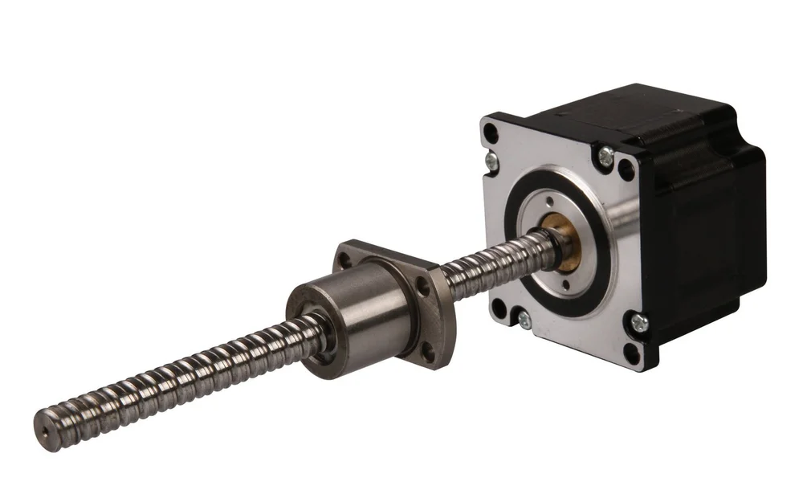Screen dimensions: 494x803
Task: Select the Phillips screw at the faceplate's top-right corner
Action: tap(606, 152)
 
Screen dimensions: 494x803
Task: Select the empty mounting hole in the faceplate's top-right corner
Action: tap(626, 170)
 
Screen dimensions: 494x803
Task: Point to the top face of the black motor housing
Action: tap(642, 108)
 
